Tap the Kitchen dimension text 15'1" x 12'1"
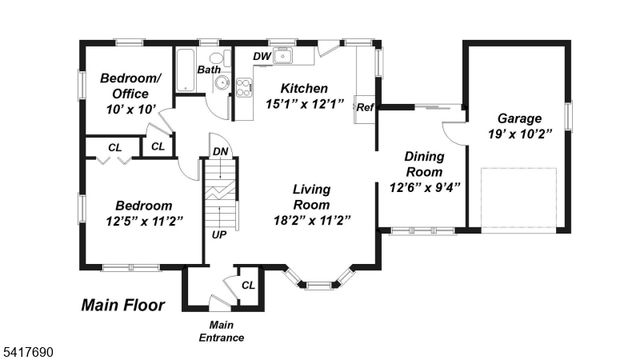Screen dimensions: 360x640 coord(304,103)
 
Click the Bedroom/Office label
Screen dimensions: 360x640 coord(130,86)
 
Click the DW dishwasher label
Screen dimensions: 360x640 coord(260,57)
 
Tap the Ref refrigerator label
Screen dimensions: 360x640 coord(365,107)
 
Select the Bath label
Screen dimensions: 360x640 coord(209,69)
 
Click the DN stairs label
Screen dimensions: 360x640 coord(221,152)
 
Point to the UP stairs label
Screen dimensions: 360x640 coord(218,236)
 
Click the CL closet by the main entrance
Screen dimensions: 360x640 coord(248,285)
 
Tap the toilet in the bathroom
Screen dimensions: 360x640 coord(221,86)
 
